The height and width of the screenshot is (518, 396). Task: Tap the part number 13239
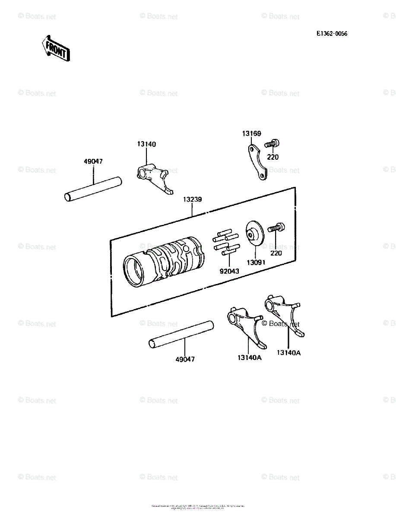[x=192, y=200]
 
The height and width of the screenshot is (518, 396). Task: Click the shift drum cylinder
[x=162, y=265]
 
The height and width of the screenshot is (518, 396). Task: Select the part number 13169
[x=251, y=134]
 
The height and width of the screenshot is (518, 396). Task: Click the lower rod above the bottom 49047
[x=181, y=335]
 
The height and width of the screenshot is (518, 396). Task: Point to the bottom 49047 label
[x=185, y=359]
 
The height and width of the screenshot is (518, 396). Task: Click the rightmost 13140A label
[x=288, y=353]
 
